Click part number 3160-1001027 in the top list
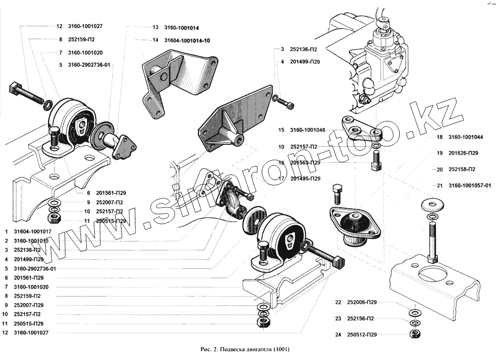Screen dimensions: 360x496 [x=85, y=26]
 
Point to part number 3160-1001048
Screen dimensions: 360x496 [x=309, y=130]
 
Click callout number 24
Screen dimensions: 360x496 [x=338, y=335]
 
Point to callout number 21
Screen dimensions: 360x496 [x=440, y=185]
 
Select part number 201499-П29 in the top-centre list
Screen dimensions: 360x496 [x=302, y=62]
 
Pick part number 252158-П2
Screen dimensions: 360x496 [x=463, y=169]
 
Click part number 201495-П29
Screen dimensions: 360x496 [x=306, y=179]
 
